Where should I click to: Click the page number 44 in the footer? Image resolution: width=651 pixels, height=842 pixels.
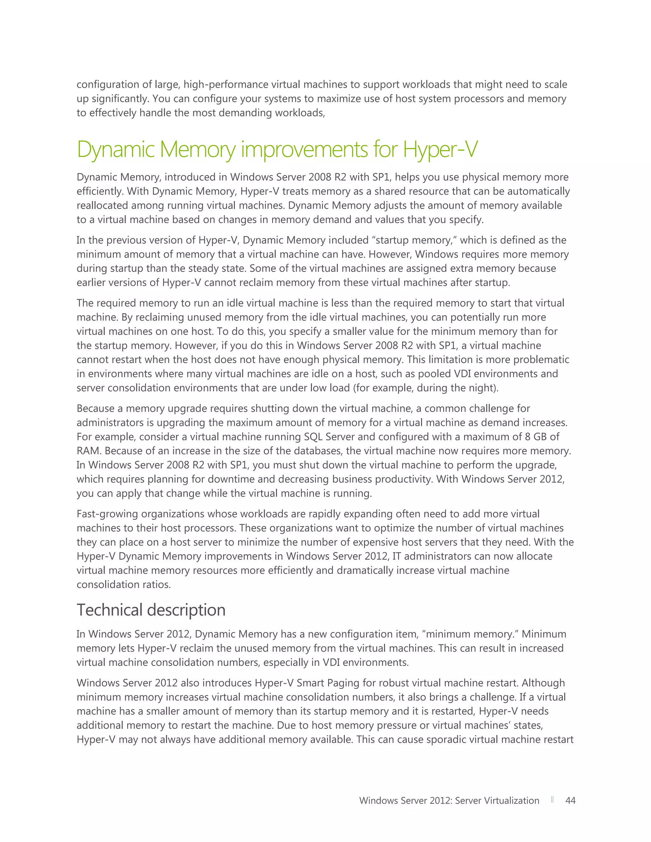click(x=570, y=800)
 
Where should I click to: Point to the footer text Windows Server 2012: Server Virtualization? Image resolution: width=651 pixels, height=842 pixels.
click(x=449, y=800)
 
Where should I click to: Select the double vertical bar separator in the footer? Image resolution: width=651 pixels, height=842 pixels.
click(x=552, y=800)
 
